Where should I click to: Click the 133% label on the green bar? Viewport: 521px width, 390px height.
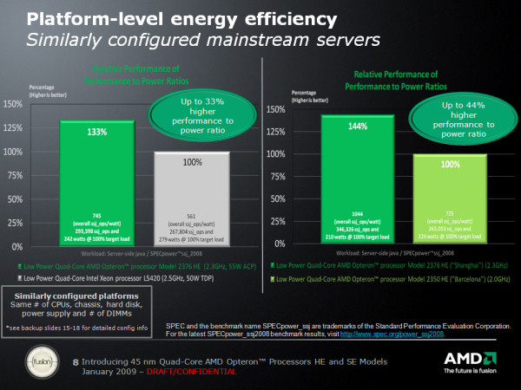96,132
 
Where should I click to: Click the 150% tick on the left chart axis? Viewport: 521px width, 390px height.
14,103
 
